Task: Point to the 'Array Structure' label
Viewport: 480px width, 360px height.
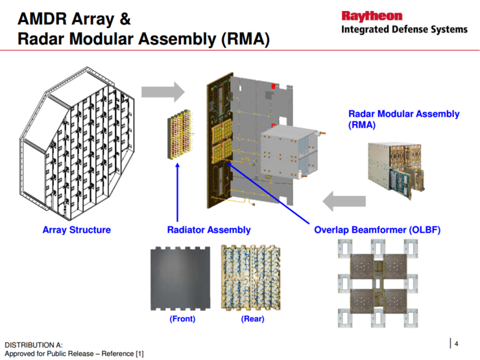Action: coord(77,230)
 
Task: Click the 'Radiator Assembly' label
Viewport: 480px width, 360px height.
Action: coord(209,230)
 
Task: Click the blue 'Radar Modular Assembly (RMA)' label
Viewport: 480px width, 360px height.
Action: coord(403,119)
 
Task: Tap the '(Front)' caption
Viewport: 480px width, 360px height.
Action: coord(182,318)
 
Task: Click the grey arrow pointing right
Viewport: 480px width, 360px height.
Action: coord(163,91)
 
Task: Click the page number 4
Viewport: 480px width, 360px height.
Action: coord(457,343)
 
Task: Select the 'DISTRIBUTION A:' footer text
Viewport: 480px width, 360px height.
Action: coord(34,344)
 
